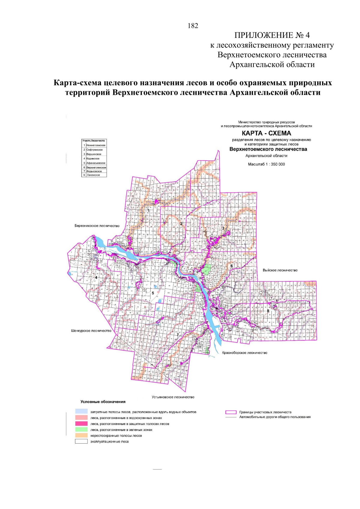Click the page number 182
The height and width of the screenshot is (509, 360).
click(193, 26)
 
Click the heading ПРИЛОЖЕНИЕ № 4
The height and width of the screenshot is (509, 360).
click(272, 35)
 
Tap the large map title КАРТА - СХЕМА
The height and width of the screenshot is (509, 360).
click(266, 133)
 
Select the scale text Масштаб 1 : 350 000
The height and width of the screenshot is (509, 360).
click(266, 164)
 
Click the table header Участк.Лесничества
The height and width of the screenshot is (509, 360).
click(94, 141)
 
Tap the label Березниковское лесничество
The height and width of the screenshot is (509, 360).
click(97, 226)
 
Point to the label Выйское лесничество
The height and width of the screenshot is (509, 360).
click(280, 270)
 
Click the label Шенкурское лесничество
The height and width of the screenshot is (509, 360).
click(91, 331)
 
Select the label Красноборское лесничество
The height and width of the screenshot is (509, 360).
click(244, 353)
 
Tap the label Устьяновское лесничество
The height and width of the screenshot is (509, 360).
click(173, 397)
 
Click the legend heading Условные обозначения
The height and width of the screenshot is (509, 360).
click(103, 402)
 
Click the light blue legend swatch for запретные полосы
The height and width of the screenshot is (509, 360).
click(81, 412)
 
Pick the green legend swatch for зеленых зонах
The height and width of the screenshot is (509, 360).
click(81, 430)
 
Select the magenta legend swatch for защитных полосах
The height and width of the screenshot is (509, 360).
click(81, 424)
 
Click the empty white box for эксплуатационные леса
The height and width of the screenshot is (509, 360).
click(81, 442)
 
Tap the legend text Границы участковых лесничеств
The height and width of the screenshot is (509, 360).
click(265, 412)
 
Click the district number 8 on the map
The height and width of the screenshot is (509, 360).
click(268, 311)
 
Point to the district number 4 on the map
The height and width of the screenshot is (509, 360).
click(96, 278)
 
